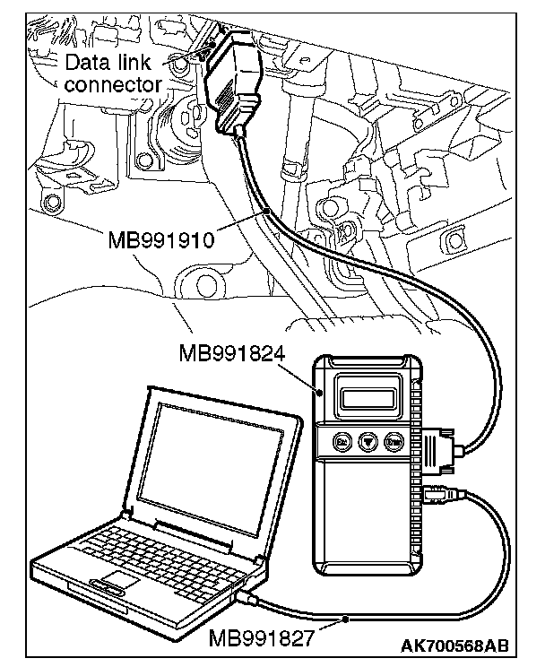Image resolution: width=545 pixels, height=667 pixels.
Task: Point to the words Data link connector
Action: coord(114,74)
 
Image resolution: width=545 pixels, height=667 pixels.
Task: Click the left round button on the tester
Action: coord(342,441)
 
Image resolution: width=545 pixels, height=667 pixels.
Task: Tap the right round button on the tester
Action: coord(393,441)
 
